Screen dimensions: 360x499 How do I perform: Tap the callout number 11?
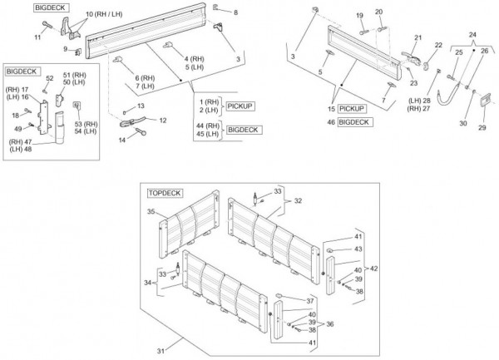pos(37,38)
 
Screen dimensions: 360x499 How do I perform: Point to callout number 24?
pos(473,35)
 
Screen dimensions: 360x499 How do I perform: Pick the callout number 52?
pos(50,78)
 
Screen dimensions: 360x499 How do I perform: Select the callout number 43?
pos(358,249)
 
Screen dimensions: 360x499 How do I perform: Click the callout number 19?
pos(360,15)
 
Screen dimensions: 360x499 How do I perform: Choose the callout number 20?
pos(378,12)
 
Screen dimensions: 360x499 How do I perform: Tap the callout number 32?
pos(297,200)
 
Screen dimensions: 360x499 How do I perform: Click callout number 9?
pos(65,50)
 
